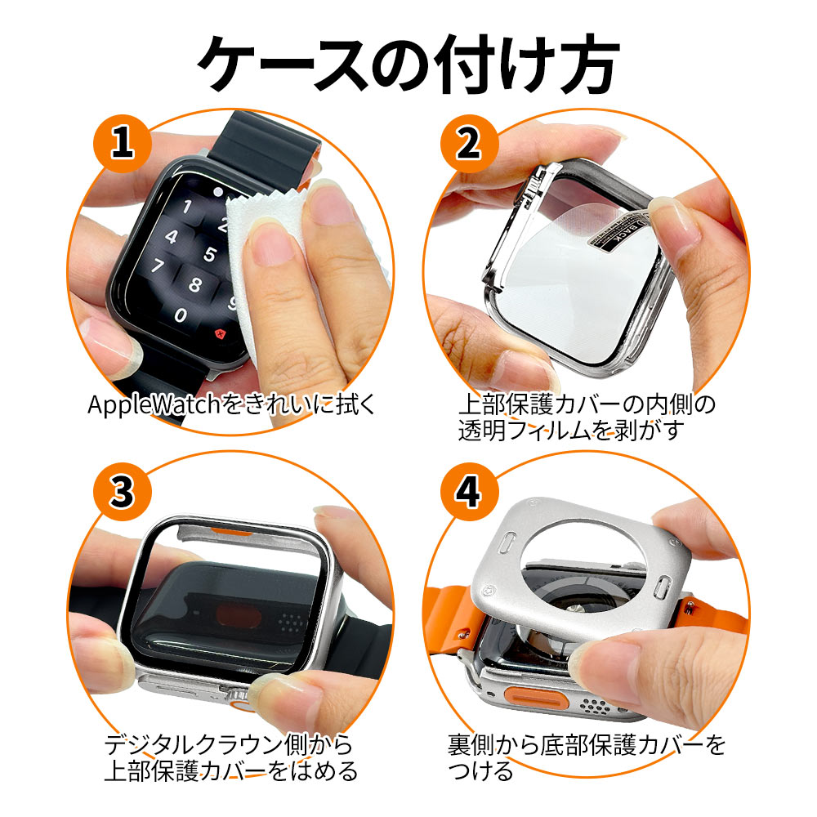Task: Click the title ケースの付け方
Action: point(408,64)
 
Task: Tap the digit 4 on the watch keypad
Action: point(172,237)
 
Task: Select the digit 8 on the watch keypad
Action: point(194,285)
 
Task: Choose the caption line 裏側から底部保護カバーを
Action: point(586,745)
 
